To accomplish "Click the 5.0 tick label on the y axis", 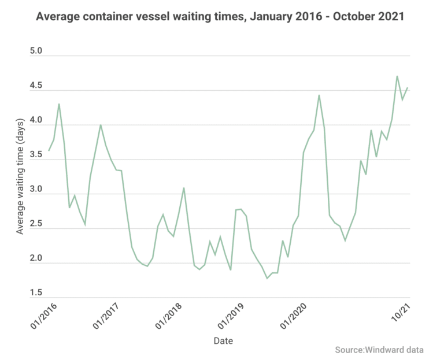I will (x=36, y=51).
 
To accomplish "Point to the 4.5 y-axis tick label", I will (x=36, y=86).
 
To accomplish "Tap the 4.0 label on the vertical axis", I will (x=36, y=121).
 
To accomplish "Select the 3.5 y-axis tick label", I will (x=36, y=155).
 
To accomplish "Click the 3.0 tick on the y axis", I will (x=36, y=190).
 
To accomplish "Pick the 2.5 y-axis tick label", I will (x=36, y=224).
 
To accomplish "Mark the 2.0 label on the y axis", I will (x=36, y=259).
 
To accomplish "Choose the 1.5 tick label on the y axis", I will (x=36, y=294).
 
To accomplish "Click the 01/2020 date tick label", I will (x=295, y=318).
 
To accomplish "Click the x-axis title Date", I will (x=223, y=341).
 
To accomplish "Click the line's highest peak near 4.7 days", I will (x=397, y=76).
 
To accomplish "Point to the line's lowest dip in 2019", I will (x=267, y=279).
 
